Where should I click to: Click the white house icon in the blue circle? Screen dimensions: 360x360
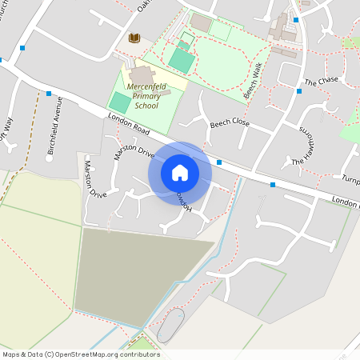point(180,172)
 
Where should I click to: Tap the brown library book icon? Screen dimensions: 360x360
point(134,38)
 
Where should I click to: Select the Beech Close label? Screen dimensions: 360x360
point(230,124)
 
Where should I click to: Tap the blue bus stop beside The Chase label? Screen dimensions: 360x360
point(299,91)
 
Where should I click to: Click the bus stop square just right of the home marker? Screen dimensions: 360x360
point(219,162)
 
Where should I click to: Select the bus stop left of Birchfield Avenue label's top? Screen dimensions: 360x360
point(49,94)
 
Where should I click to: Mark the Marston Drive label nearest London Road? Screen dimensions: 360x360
point(133,150)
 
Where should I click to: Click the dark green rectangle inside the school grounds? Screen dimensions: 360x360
point(120,102)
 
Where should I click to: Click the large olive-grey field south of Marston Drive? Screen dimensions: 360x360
point(136,272)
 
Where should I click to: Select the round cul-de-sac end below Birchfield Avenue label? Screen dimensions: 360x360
point(49,158)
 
